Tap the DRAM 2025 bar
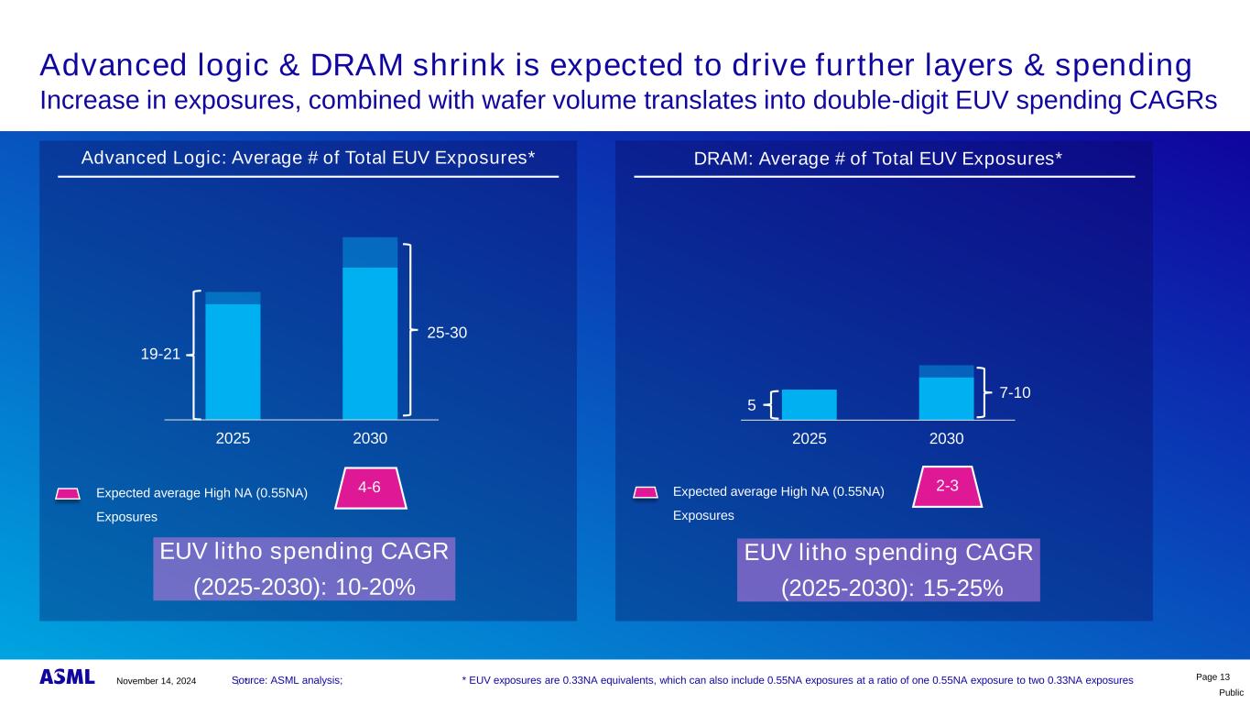tap(809, 404)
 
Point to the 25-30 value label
tap(447, 333)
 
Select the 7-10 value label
tap(1015, 392)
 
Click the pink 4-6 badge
tap(369, 488)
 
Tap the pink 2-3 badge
tap(947, 486)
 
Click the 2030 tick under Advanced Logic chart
tap(370, 439)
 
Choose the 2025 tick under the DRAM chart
tap(809, 439)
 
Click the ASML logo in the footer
tap(67, 677)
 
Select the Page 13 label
tap(1213, 676)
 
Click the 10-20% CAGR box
tap(304, 569)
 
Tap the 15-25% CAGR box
tap(888, 570)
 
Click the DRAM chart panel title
tap(877, 159)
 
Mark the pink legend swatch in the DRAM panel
tap(646, 492)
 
